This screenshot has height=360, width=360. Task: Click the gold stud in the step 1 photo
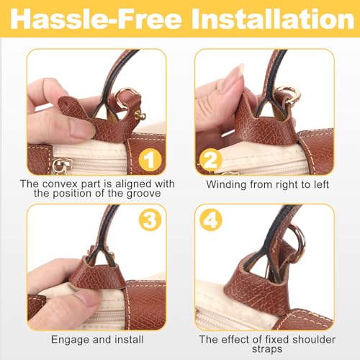[x=140, y=115]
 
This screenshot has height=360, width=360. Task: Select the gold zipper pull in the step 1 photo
[x=58, y=165]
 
